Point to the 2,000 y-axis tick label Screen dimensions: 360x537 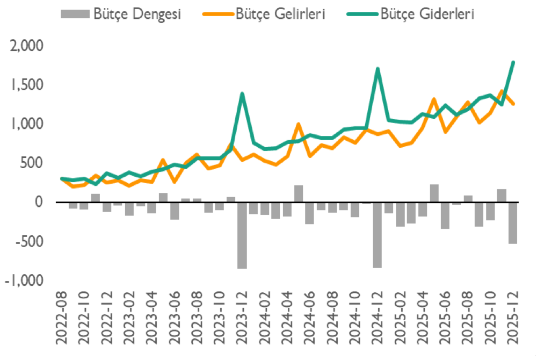(x=26, y=47)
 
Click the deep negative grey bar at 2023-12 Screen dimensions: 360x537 (x=242, y=235)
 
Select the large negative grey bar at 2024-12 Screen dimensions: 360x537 (x=378, y=235)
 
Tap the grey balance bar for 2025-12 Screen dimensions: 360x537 (x=513, y=223)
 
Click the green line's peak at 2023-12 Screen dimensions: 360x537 (x=242, y=94)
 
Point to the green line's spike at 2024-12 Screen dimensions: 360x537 (x=378, y=69)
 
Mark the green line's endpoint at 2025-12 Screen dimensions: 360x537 (x=513, y=62)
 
